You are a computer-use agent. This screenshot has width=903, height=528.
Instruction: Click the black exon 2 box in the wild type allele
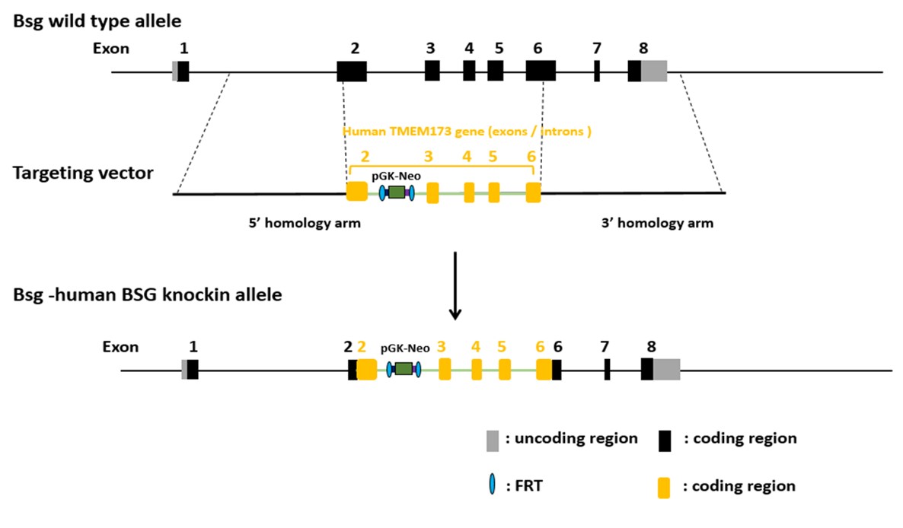point(352,71)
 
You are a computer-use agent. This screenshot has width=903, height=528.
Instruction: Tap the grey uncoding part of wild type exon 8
point(653,71)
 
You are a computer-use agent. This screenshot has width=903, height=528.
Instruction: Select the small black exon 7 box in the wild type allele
point(597,71)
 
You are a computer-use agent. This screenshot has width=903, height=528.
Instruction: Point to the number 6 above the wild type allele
point(538,48)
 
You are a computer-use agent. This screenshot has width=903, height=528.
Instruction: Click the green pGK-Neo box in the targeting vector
point(396,192)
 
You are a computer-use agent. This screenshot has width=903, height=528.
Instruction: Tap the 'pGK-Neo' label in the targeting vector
point(396,176)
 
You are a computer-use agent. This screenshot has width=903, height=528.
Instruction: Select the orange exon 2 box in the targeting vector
point(356,192)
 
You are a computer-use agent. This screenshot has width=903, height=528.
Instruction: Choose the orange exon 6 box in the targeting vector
point(533,192)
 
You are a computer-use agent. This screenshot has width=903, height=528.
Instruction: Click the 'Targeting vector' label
point(83,173)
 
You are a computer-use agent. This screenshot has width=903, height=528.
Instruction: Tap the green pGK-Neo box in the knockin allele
point(404,369)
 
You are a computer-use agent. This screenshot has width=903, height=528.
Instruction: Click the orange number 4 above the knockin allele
point(476,347)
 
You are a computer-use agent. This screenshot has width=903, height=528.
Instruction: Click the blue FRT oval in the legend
point(493,485)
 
